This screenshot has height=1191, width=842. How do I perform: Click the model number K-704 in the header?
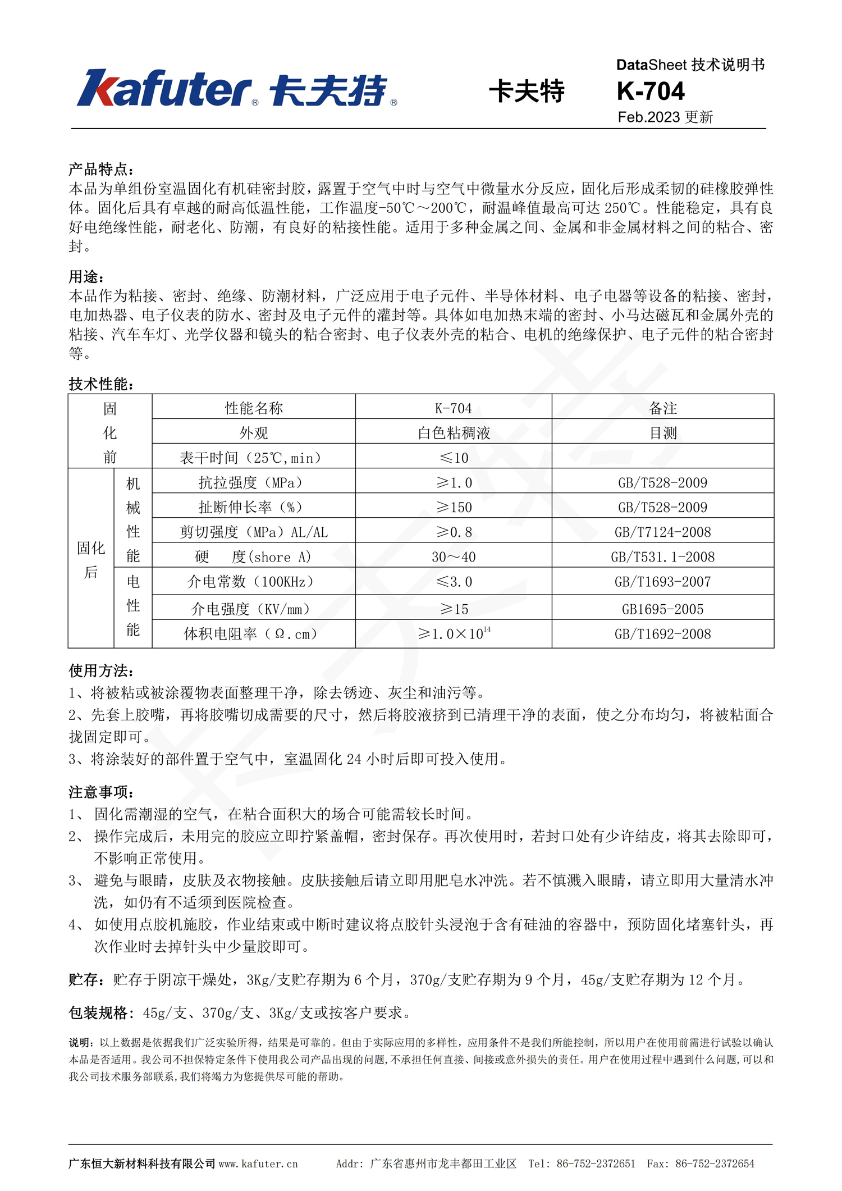click(650, 91)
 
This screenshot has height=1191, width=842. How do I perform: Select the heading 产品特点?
click(100, 170)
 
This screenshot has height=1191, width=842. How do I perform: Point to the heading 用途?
click(86, 277)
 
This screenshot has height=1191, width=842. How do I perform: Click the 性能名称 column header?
click(254, 408)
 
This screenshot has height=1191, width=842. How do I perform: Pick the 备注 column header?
click(662, 408)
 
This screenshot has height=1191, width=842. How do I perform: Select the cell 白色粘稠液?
click(454, 433)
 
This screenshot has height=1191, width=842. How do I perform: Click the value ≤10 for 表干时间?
click(454, 458)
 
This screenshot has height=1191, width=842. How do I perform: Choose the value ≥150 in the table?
click(454, 507)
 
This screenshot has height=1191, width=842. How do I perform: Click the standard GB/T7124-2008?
click(662, 532)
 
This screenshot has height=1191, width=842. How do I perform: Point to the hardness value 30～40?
click(454, 557)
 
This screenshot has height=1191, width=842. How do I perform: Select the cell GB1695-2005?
click(662, 609)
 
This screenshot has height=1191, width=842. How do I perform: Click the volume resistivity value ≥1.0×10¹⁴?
click(454, 633)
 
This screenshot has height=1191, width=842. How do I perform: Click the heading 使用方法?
click(100, 670)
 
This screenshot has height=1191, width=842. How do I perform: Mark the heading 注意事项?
click(100, 792)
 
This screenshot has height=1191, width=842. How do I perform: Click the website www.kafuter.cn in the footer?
click(258, 1163)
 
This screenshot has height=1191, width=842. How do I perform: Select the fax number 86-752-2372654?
click(715, 1163)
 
